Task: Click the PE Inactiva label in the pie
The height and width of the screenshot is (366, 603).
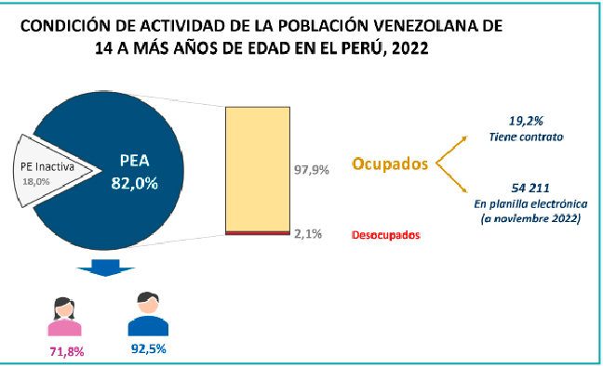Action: pos(47,166)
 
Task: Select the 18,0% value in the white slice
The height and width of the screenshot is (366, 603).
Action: pos(35,182)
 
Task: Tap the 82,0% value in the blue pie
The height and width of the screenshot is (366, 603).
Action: pos(135,184)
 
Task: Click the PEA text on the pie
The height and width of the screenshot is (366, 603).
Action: pos(135,161)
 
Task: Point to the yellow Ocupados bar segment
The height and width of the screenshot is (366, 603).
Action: pos(258,169)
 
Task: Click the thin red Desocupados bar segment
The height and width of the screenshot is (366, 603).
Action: pos(258,233)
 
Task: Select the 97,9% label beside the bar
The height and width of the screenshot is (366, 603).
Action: pos(312,170)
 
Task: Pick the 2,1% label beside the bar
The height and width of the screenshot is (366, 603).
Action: pos(308,234)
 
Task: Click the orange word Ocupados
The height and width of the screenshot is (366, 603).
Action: pos(390,164)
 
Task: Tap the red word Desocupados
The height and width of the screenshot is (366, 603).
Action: pos(386,235)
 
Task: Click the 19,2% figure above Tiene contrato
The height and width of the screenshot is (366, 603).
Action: pos(526,121)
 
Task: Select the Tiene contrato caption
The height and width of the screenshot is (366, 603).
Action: pos(526,137)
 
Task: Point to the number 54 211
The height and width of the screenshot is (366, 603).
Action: pos(530,188)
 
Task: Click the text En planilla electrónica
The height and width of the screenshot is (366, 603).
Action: pos(530,204)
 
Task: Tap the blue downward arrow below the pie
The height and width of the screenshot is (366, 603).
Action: pos(105,268)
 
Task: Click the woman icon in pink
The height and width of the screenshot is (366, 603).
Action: pos(64,317)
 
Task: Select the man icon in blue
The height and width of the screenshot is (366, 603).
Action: pos(148,314)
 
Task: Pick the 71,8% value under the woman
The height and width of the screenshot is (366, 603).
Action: pos(67,351)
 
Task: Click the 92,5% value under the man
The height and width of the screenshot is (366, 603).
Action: pos(149,348)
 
